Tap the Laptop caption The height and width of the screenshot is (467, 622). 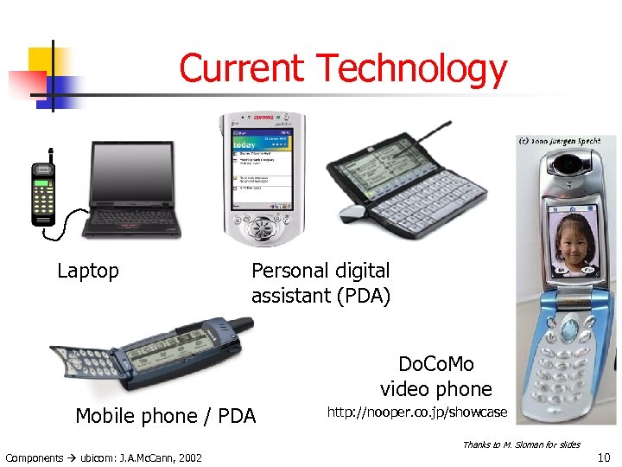(x=87, y=271)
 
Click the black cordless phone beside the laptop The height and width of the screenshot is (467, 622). (x=44, y=193)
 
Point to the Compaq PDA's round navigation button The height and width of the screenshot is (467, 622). (x=263, y=227)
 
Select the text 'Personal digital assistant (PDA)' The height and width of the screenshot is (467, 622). (x=321, y=284)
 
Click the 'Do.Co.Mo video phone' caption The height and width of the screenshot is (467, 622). (x=436, y=376)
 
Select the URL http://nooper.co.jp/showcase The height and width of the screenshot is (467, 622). (x=416, y=413)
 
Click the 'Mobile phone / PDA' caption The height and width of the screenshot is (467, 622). (x=166, y=416)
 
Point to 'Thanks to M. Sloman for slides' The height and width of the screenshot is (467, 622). (x=521, y=445)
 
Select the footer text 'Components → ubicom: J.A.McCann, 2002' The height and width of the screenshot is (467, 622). (x=104, y=457)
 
